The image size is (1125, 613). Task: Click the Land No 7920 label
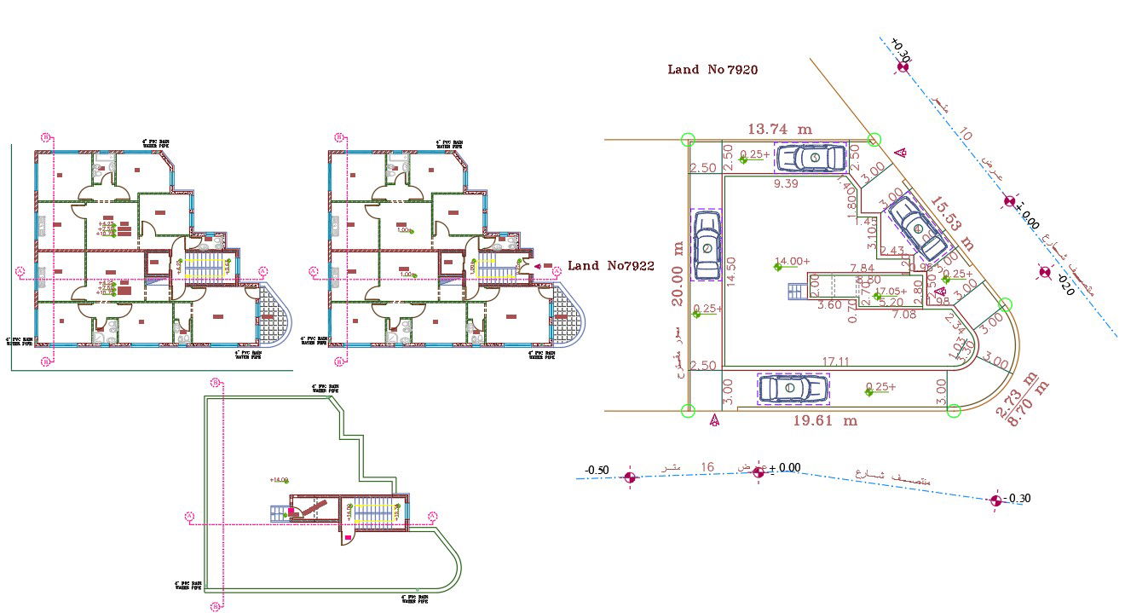pos(712,70)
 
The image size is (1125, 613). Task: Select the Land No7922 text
pos(610,266)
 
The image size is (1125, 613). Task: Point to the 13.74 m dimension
pos(780,129)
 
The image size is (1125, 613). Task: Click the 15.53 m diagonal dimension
pos(951,223)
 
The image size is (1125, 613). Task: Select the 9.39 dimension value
pos(786,183)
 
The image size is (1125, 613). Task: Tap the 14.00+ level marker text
pos(793,262)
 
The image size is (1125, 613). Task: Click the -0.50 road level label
pos(597,471)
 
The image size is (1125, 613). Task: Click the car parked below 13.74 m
pos(811,158)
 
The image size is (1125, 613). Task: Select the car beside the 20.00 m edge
pos(707,246)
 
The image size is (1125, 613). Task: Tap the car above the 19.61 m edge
pos(793,388)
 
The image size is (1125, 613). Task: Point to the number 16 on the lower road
pos(707,467)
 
